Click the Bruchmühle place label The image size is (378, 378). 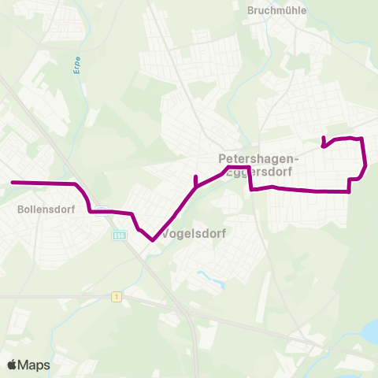pyautogui.click(x=276, y=10)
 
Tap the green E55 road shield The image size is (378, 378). pyautogui.click(x=119, y=234)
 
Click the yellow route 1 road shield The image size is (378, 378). pyautogui.click(x=116, y=296)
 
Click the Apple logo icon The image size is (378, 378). pyautogui.click(x=13, y=365)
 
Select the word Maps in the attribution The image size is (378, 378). pyautogui.click(x=35, y=365)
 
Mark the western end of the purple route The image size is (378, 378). pyautogui.click(x=12, y=183)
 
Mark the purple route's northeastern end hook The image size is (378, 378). pyautogui.click(x=324, y=139)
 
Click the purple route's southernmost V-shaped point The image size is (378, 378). pyautogui.click(x=150, y=241)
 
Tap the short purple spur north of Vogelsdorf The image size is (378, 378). pyautogui.click(x=195, y=179)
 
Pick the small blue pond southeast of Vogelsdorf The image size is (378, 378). pyautogui.click(x=206, y=277)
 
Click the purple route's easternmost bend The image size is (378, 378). pyautogui.click(x=366, y=165)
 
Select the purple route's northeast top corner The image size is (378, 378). pyautogui.click(x=361, y=139)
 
